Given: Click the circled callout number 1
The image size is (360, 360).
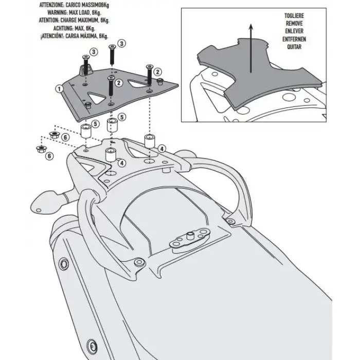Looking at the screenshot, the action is (x=59, y=88).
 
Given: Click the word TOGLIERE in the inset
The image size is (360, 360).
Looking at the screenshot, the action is (x=294, y=16).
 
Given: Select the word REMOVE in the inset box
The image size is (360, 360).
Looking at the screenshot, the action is (x=294, y=24).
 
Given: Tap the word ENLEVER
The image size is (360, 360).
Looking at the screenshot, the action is (x=294, y=31).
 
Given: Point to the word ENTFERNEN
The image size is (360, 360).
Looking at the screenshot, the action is (x=294, y=39).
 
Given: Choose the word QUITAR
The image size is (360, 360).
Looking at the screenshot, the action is (x=294, y=47).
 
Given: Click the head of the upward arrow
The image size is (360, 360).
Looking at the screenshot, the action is (x=251, y=27).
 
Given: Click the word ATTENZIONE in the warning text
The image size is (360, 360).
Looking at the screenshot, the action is (x=51, y=5).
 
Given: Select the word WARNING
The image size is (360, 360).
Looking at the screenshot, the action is (x=57, y=12).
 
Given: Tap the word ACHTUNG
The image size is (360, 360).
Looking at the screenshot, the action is (x=63, y=28).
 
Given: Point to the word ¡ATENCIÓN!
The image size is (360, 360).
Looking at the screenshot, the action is (x=52, y=37).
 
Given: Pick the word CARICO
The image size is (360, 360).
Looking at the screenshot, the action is (x=74, y=5).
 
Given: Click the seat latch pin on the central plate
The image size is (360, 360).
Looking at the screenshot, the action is (x=190, y=236).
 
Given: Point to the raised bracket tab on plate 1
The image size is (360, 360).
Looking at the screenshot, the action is (x=86, y=70).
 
